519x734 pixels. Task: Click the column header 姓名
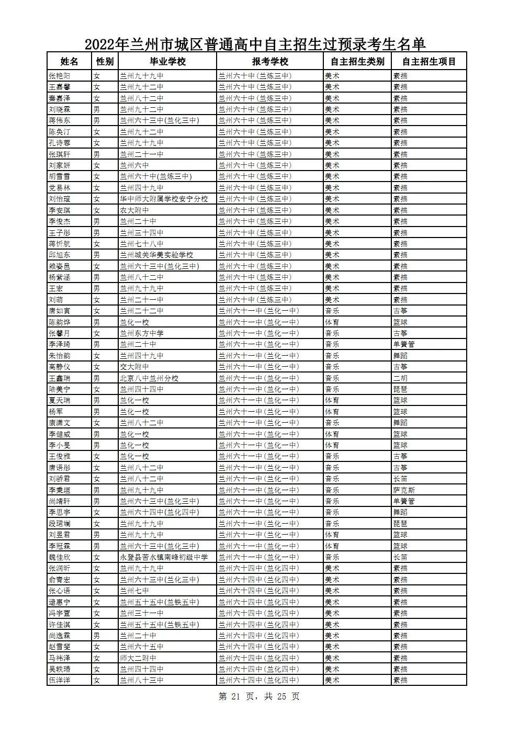pos(69,62)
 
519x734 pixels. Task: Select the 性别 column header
pos(105,62)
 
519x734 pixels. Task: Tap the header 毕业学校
pos(167,62)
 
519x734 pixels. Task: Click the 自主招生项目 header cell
pos(429,62)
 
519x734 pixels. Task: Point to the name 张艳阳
pos(59,76)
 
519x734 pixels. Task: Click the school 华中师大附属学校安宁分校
pos(164,199)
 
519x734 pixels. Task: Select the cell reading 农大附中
pos(134,210)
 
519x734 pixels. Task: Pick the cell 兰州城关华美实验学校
pos(156,255)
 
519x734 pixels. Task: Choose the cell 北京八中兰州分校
pos(149,378)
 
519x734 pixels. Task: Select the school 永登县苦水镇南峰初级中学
pos(164,557)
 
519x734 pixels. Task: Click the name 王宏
pos(55,288)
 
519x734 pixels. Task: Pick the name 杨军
pos(55,412)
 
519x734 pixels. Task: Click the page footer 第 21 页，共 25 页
pos(258,696)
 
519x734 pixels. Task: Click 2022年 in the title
pos(107,43)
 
